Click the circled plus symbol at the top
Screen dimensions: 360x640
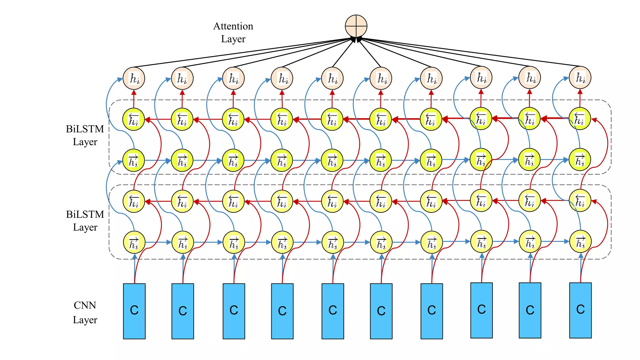pos(356,26)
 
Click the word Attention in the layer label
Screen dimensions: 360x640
pos(233,26)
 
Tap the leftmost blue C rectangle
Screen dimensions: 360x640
pos(134,311)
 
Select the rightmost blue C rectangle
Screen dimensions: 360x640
pos(580,310)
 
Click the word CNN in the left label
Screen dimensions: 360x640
pos(85,305)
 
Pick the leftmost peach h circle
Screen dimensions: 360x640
pos(134,78)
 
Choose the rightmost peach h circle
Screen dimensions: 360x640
pos(580,77)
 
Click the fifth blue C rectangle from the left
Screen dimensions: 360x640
pos(332,311)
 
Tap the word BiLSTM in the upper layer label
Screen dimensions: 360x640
pos(85,129)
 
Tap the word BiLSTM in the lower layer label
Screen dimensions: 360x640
pos(85,214)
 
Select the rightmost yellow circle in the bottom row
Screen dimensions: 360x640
pos(580,242)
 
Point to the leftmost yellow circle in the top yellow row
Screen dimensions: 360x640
pos(133,119)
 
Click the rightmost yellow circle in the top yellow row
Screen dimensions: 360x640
pos(580,118)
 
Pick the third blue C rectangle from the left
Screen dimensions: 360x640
pos(234,311)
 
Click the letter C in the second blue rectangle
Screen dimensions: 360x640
pos(182,311)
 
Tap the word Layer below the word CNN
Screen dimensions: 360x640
pos(85,320)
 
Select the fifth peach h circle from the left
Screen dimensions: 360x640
pos(332,78)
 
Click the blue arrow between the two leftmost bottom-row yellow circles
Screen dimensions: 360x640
pos(158,242)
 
